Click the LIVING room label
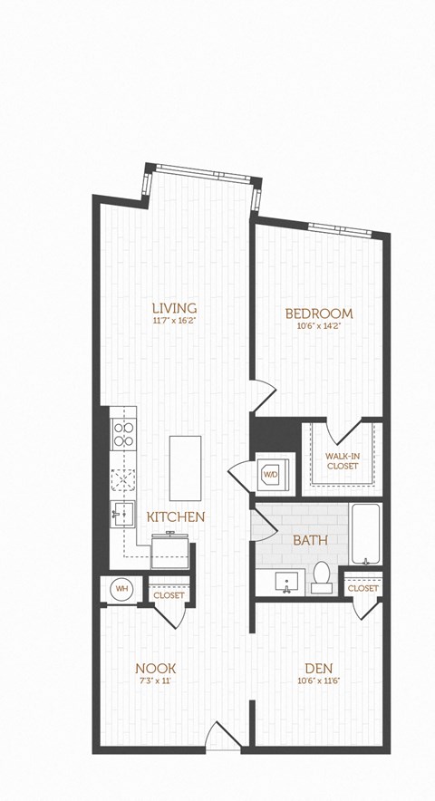point(175,307)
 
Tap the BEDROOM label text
point(318,314)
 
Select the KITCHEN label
point(176,516)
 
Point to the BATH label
point(310,540)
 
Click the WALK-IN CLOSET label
point(343,460)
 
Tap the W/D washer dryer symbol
point(271,474)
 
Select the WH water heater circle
point(121,590)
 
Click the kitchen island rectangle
point(185,468)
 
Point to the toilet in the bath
point(322,576)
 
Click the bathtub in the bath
point(366,534)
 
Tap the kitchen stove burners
point(122,433)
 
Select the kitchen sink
point(122,514)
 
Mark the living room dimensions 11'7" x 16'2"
point(175,320)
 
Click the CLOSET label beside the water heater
point(169,595)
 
